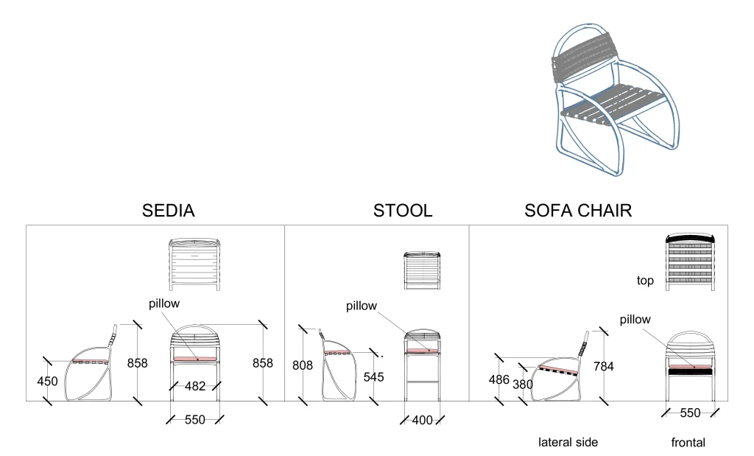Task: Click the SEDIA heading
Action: [168, 211]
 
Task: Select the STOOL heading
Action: [403, 211]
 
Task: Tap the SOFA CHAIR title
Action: [578, 211]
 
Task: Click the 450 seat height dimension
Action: [47, 381]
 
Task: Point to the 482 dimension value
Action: [194, 385]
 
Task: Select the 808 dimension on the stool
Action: [303, 364]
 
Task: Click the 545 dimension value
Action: [374, 376]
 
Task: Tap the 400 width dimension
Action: [422, 420]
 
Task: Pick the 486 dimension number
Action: [498, 379]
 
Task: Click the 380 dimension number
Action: [523, 384]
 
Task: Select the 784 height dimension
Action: [603, 366]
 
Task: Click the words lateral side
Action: [568, 442]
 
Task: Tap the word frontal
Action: [688, 443]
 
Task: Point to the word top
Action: [645, 281]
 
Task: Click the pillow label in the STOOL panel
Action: [362, 306]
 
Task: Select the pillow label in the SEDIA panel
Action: [164, 303]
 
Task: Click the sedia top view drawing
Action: [194, 264]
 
